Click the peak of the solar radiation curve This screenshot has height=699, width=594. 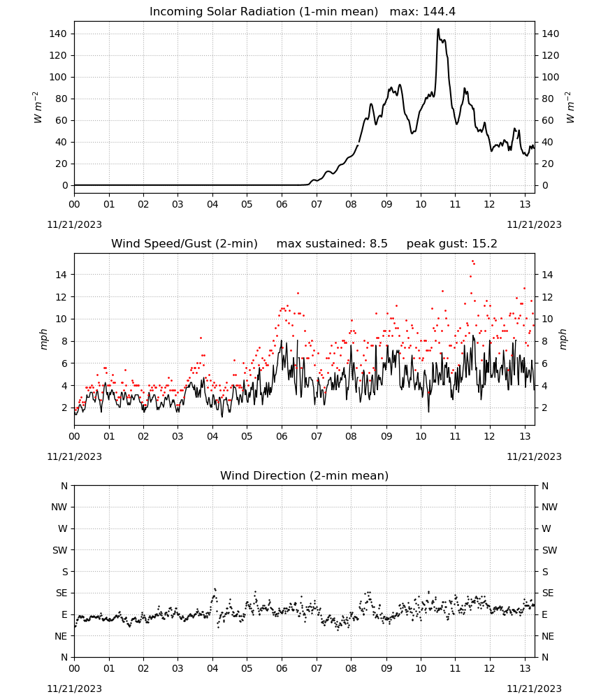pos(438,29)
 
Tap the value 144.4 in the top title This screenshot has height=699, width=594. pos(439,12)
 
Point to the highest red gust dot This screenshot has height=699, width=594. pos(472,261)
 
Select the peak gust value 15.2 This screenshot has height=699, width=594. pos(484,244)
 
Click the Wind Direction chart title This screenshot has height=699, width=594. pos(305,475)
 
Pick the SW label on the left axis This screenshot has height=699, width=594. pos(59,550)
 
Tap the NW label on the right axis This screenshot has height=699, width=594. pos(549,507)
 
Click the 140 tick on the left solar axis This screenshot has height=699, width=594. pos(58,34)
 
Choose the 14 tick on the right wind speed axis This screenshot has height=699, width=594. pos(547,275)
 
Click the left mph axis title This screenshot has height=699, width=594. pos(43,339)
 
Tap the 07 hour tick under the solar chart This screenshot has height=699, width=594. pos(317,204)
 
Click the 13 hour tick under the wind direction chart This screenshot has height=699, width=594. pos(525,668)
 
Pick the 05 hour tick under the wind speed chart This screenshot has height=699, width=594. pos(247,436)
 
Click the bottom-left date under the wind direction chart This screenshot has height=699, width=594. pos(74,689)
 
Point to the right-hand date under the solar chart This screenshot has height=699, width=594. pos(534,224)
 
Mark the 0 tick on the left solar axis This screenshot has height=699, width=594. pos(65,185)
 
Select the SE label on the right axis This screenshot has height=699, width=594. pos(548,593)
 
